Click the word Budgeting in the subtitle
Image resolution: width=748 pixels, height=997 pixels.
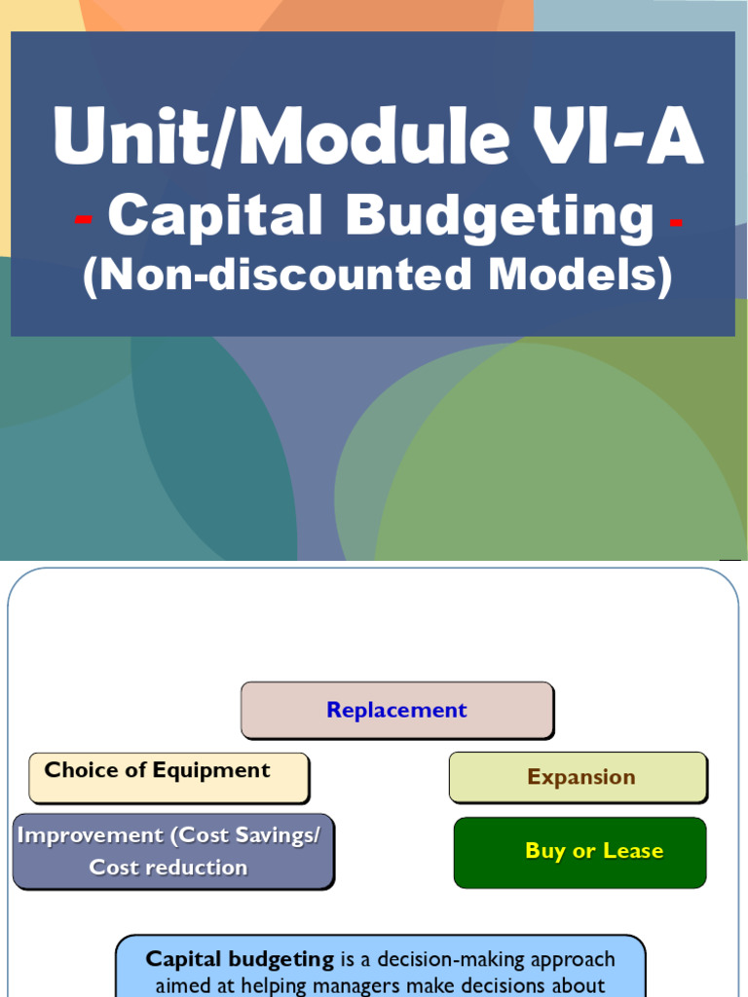pos(500,216)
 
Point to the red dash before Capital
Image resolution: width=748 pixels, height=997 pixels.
pos(84,221)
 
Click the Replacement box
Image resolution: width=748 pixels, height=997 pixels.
pos(396,710)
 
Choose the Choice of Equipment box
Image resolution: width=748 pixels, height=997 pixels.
pos(168,776)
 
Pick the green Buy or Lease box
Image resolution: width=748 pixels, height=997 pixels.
pos(580,851)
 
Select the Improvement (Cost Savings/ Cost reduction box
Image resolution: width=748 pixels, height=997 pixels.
pos(172,851)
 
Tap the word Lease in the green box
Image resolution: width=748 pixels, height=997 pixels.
pos(633,851)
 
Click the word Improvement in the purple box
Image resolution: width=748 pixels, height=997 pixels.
pos(91,835)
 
